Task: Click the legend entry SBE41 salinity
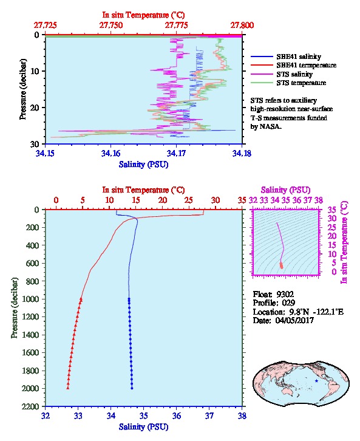click(x=299, y=56)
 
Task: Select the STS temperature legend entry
click(x=301, y=83)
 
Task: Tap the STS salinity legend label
click(x=294, y=74)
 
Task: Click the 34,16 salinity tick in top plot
click(x=110, y=153)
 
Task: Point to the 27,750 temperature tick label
click(x=110, y=26)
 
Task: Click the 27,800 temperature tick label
click(x=242, y=26)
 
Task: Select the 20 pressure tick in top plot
click(x=35, y=108)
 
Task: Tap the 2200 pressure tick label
click(x=31, y=406)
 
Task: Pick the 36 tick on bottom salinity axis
click(x=177, y=415)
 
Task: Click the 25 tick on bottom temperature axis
click(x=189, y=200)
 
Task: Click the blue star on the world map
click(x=316, y=381)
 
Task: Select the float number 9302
click(x=285, y=294)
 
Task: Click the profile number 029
click(x=288, y=303)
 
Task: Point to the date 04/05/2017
click(x=294, y=320)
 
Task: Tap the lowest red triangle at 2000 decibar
click(x=68, y=388)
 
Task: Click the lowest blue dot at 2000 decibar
click(x=132, y=388)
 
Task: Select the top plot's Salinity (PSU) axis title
click(x=143, y=164)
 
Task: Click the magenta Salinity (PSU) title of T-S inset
click(x=285, y=190)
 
